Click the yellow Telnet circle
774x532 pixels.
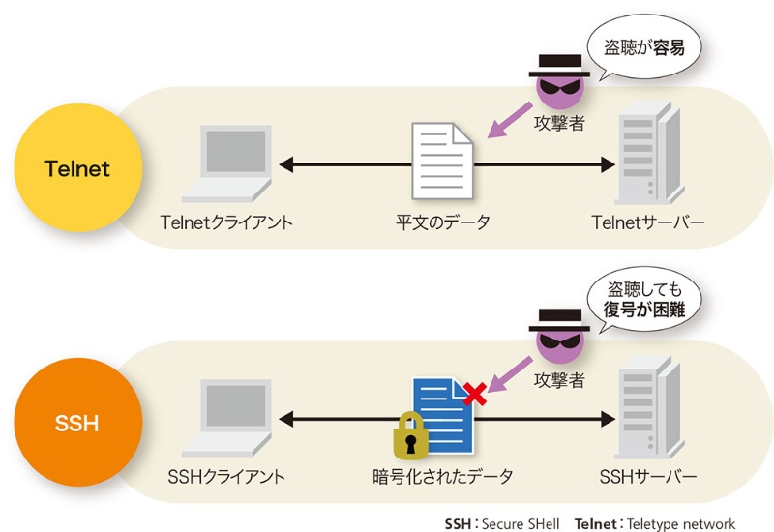pos(77,169)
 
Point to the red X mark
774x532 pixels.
pos(474,393)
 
